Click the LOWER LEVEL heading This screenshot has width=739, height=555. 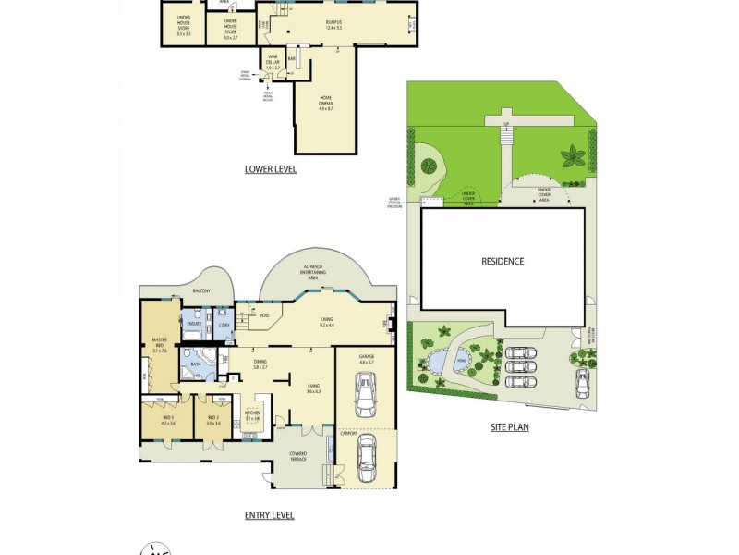270,169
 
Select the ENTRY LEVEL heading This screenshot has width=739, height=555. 269,515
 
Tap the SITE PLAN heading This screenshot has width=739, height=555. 509,427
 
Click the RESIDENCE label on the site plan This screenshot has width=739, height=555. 503,261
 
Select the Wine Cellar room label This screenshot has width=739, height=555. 273,62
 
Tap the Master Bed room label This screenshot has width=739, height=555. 158,348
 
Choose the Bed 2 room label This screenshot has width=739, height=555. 213,420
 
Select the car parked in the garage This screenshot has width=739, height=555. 366,395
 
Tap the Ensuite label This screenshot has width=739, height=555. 194,325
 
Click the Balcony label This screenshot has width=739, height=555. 200,291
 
